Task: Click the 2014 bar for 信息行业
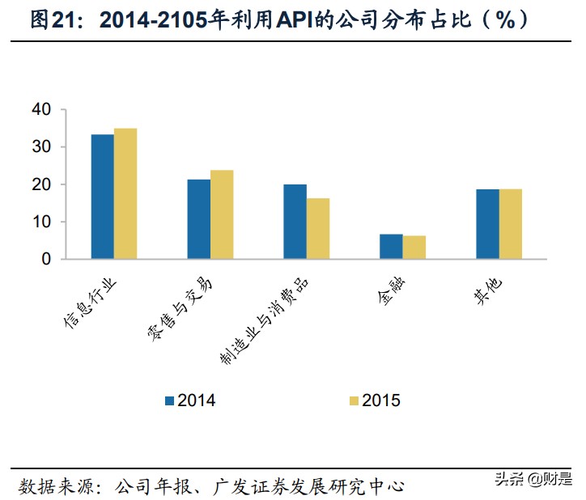point(102,197)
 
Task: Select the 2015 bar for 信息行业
point(125,194)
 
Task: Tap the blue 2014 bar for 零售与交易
point(199,219)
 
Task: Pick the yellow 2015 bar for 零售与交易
point(222,214)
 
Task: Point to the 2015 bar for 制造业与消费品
point(318,229)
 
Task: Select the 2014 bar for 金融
point(391,247)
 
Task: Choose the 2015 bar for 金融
point(414,248)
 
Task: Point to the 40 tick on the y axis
point(42,109)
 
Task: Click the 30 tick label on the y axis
point(42,146)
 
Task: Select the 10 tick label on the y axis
point(42,222)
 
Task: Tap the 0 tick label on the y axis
point(47,260)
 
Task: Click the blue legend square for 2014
point(170,400)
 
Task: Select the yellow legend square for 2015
point(354,400)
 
